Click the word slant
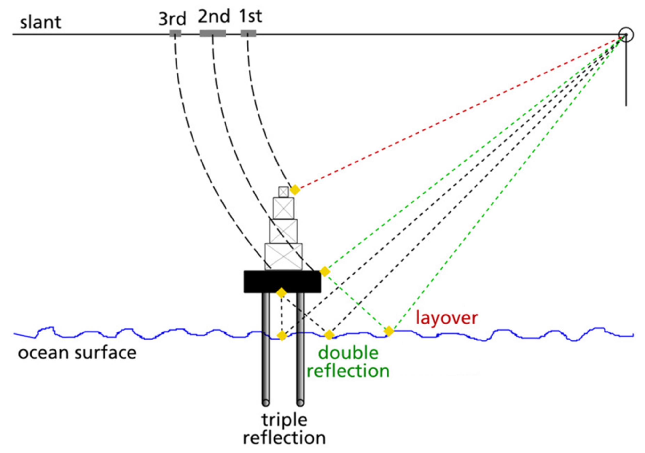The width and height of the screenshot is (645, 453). click(x=40, y=23)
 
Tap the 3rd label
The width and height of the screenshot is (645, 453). click(x=172, y=19)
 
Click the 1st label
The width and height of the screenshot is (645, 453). click(x=250, y=16)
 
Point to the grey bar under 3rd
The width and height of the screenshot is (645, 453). click(x=175, y=33)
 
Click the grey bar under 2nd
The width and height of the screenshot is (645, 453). click(x=213, y=33)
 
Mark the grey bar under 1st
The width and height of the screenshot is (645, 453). click(x=248, y=33)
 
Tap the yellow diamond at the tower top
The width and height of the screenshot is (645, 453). click(x=295, y=190)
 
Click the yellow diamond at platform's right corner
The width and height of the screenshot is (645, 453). click(x=325, y=271)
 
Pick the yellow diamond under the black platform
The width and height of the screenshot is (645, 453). click(x=282, y=293)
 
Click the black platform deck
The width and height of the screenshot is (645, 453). click(x=282, y=282)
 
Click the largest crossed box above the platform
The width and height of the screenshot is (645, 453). click(x=283, y=256)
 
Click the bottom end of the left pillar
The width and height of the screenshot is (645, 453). click(x=266, y=402)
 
